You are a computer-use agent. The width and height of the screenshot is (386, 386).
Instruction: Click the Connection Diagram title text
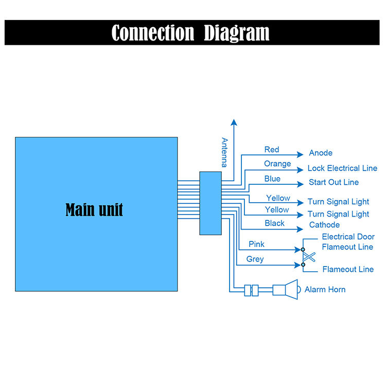point(190,32)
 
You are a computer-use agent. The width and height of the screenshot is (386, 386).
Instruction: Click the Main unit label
point(94,209)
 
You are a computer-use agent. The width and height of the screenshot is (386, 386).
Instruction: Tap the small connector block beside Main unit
point(210,203)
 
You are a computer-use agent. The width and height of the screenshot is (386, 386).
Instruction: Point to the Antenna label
point(224,152)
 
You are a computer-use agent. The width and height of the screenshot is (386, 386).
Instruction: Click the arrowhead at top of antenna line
point(234,122)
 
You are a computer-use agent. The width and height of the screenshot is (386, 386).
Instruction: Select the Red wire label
point(272,150)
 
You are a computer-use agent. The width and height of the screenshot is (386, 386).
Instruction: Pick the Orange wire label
point(277,164)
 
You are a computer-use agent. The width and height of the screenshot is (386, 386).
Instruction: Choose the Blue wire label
point(272,179)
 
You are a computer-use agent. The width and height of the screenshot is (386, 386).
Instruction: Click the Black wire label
point(275,223)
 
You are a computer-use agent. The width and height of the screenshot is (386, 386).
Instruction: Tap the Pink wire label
point(256,244)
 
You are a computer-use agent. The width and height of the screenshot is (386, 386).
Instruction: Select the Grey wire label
point(255,259)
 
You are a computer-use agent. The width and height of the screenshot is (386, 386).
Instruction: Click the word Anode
point(321,153)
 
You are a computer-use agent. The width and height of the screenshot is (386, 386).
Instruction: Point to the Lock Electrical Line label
point(342,168)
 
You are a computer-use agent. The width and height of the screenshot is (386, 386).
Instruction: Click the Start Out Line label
point(334,182)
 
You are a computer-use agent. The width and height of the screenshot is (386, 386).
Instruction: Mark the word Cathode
point(324,225)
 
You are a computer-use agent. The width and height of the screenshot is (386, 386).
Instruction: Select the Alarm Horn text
point(325,290)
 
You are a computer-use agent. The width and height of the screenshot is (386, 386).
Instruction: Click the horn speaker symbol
point(286,289)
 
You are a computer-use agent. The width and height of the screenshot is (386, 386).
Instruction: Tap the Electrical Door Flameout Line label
point(348,242)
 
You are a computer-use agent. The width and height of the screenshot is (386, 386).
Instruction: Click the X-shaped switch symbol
point(308,257)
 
